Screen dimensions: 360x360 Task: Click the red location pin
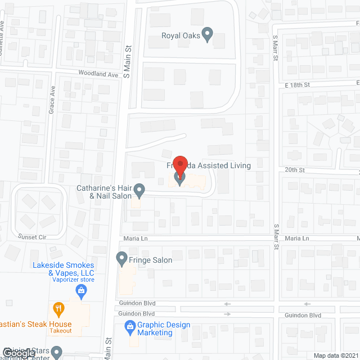180,165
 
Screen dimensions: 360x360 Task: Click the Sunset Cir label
31,237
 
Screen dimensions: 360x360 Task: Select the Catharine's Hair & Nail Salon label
105,192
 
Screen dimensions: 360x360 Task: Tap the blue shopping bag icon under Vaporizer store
81,290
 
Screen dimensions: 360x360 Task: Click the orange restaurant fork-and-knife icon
58,308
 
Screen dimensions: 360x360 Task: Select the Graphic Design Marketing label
164,328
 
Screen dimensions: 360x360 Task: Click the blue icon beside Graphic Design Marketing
129,326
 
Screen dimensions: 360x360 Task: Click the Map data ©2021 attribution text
336,355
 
